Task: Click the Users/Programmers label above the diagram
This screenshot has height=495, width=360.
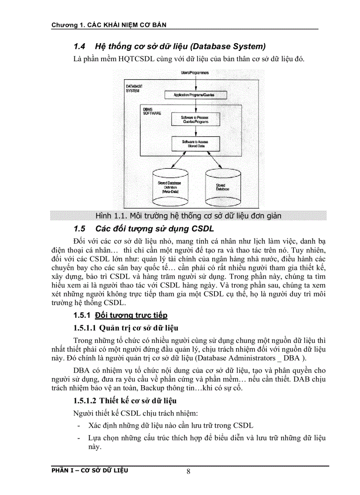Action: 195,72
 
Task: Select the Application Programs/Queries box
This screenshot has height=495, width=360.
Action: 195,95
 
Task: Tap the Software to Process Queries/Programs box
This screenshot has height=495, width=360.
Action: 195,119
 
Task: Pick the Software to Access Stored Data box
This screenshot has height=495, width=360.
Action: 195,143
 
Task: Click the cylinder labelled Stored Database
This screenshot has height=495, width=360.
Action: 221,185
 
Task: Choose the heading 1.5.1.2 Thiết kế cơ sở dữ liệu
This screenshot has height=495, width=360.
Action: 125,401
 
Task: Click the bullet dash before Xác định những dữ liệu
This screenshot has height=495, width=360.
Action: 78,426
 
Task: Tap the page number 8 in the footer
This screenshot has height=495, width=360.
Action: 188,472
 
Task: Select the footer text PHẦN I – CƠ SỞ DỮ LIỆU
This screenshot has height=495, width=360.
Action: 90,470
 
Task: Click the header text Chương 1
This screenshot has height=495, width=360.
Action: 67,25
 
